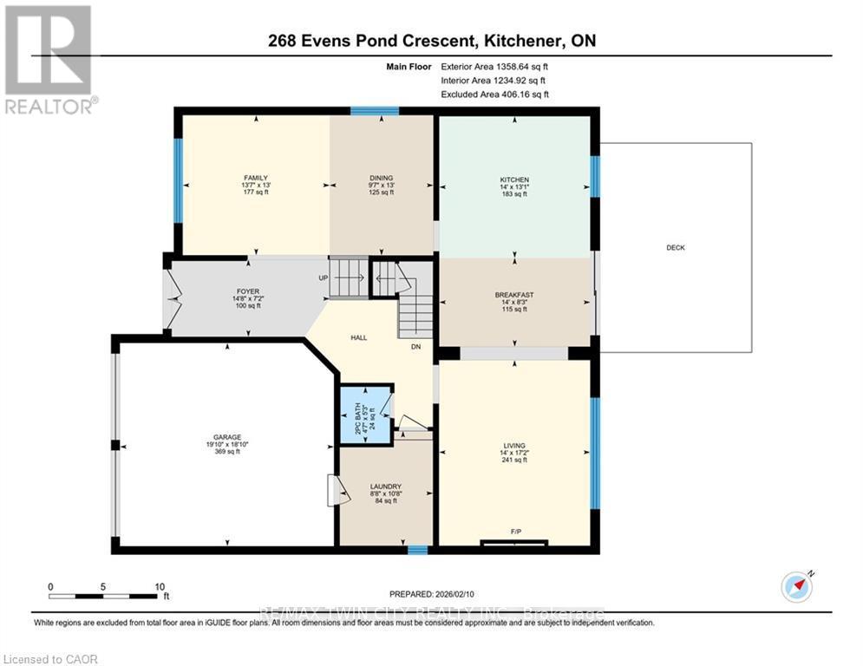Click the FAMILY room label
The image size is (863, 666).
255,178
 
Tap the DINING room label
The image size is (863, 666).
382,178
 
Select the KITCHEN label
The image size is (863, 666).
514,179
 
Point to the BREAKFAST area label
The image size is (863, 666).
514,295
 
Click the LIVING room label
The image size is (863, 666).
514,446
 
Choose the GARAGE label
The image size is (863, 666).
228,437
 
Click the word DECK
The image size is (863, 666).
675,248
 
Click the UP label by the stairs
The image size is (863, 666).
324,278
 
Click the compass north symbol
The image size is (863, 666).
796,586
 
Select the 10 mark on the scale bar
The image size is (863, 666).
160,586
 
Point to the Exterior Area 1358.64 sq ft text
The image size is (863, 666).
494,66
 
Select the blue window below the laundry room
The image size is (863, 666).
417,549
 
